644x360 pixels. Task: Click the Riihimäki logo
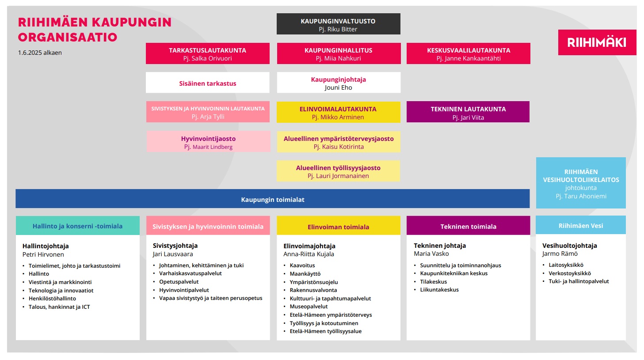coord(597,42)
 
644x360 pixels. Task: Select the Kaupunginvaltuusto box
coord(339,24)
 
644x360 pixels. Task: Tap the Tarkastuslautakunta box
coord(208,53)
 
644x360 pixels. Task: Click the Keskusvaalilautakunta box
coord(469,53)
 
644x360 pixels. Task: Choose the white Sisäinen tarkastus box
coord(208,83)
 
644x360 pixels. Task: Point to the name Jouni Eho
coord(339,87)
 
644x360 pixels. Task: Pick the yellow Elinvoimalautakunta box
coord(339,112)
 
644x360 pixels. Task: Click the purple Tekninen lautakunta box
coord(468,112)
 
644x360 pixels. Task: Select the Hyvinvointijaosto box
coord(208,141)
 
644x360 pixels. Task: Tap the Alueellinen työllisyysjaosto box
coord(338,171)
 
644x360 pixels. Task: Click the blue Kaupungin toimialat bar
coord(273,198)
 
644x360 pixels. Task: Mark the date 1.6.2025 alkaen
coord(40,53)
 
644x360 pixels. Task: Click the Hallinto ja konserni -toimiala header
coord(78,226)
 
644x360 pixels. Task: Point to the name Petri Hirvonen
coord(43,254)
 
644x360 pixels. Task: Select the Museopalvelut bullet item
coord(309,307)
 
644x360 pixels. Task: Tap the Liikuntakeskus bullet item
coord(439,290)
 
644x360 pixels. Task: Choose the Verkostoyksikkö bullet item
coord(570,273)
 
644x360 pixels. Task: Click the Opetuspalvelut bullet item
coord(179,281)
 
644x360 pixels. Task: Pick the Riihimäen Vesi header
coord(581,225)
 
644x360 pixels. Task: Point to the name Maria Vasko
coord(431,254)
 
